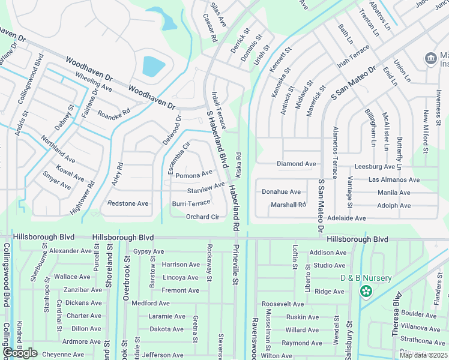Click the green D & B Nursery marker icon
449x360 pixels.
(x=366, y=291)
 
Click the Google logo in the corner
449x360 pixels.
(x=20, y=353)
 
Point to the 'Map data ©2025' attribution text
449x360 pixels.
(x=423, y=355)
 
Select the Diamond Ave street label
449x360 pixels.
(x=296, y=164)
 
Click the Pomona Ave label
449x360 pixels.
(x=193, y=174)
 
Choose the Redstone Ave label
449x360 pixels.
(x=127, y=204)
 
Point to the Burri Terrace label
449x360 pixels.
(x=191, y=203)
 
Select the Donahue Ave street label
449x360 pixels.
(x=281, y=192)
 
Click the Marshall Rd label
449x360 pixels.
(x=288, y=205)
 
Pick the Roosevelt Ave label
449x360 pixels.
(x=284, y=304)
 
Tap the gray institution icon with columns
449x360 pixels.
(x=430, y=59)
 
